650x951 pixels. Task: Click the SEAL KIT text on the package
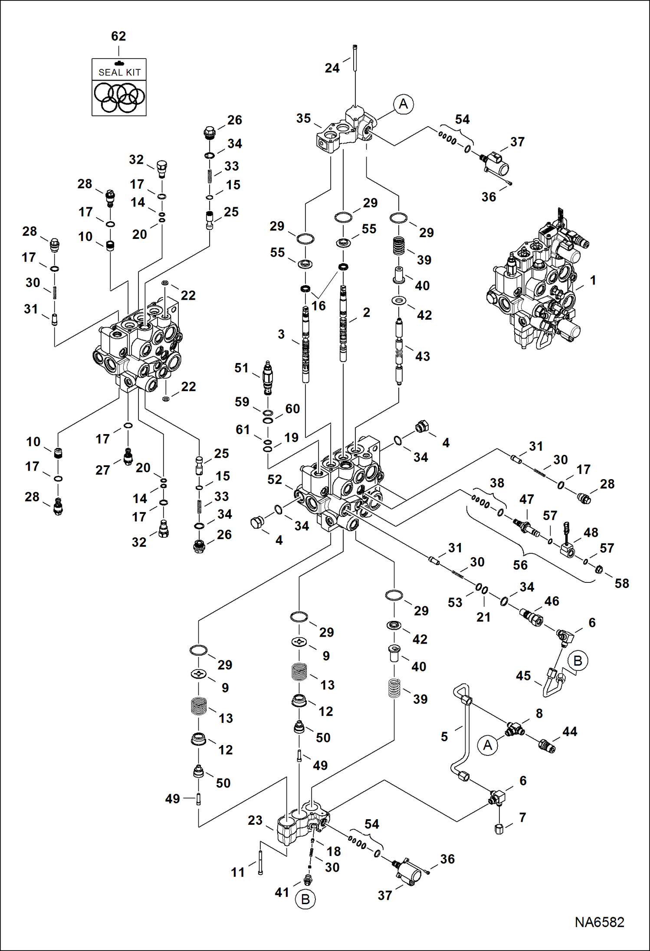[x=119, y=72]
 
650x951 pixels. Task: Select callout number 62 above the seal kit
[x=118, y=36]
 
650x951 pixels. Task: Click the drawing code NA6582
[x=599, y=922]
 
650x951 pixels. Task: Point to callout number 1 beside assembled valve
[x=593, y=280]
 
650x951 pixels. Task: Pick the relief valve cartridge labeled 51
[x=268, y=377]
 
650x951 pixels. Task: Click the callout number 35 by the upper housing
[x=303, y=118]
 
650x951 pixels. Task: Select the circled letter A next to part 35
[x=403, y=104]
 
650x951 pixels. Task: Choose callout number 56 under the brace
[x=520, y=565]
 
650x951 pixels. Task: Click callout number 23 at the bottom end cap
[x=255, y=820]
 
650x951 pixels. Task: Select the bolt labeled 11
[x=260, y=863]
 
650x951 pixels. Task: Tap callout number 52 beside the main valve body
[x=274, y=479]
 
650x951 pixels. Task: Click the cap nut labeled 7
[x=499, y=829]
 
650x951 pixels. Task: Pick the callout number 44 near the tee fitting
[x=569, y=732]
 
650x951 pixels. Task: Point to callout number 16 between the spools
[x=318, y=306]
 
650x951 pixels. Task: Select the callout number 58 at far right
[x=621, y=583]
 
